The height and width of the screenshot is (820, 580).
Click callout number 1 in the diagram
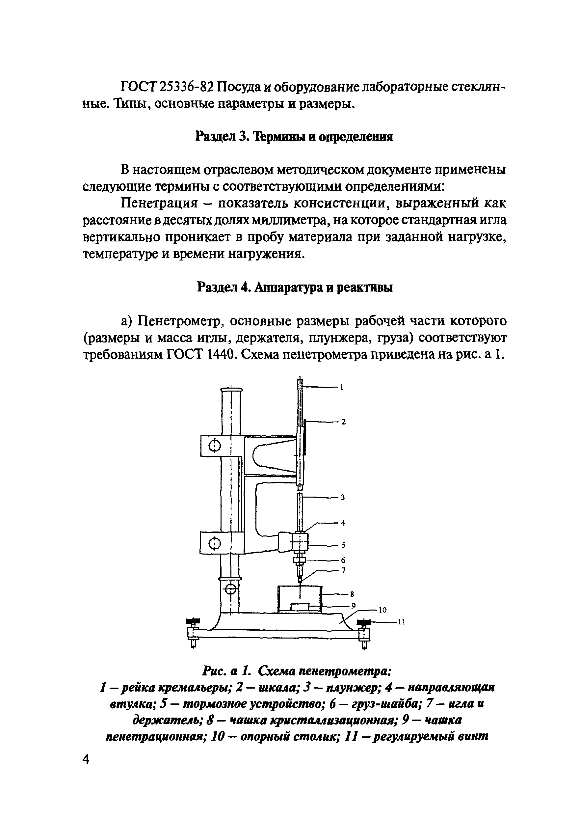pos(341,387)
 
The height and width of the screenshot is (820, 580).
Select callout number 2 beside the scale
pos(343,422)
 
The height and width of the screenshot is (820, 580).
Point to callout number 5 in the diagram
pos(343,545)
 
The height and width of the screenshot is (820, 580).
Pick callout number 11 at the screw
pos(402,622)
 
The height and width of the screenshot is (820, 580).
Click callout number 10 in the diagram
pos(382,610)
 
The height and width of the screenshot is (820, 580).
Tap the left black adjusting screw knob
pos(194,621)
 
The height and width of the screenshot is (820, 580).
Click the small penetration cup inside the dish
pos(300,607)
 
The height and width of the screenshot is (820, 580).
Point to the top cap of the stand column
pos(231,390)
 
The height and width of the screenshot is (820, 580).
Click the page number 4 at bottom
pos(86,769)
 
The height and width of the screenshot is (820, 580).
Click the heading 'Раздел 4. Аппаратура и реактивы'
pos(295,287)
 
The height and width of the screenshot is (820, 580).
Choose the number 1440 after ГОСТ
pos(219,355)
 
